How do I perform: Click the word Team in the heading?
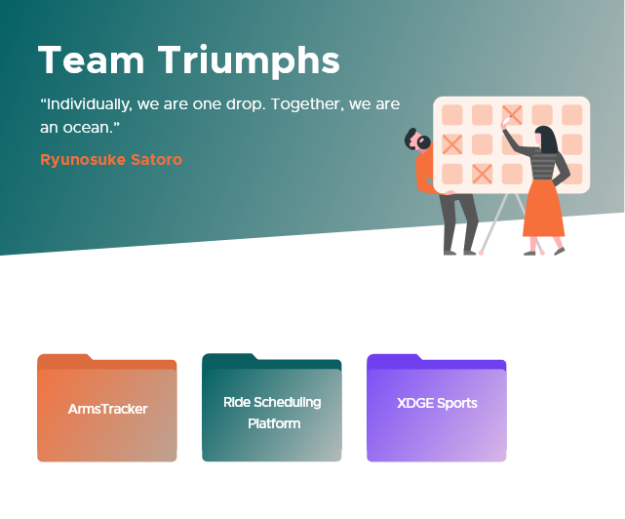click(91, 60)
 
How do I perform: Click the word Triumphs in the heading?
click(249, 60)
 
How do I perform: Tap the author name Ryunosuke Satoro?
click(111, 160)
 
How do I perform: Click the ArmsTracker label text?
click(107, 409)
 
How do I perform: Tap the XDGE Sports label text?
click(437, 403)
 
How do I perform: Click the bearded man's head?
click(417, 140)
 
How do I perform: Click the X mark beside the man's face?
click(452, 144)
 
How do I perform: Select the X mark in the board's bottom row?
click(482, 174)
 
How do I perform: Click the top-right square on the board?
click(572, 115)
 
